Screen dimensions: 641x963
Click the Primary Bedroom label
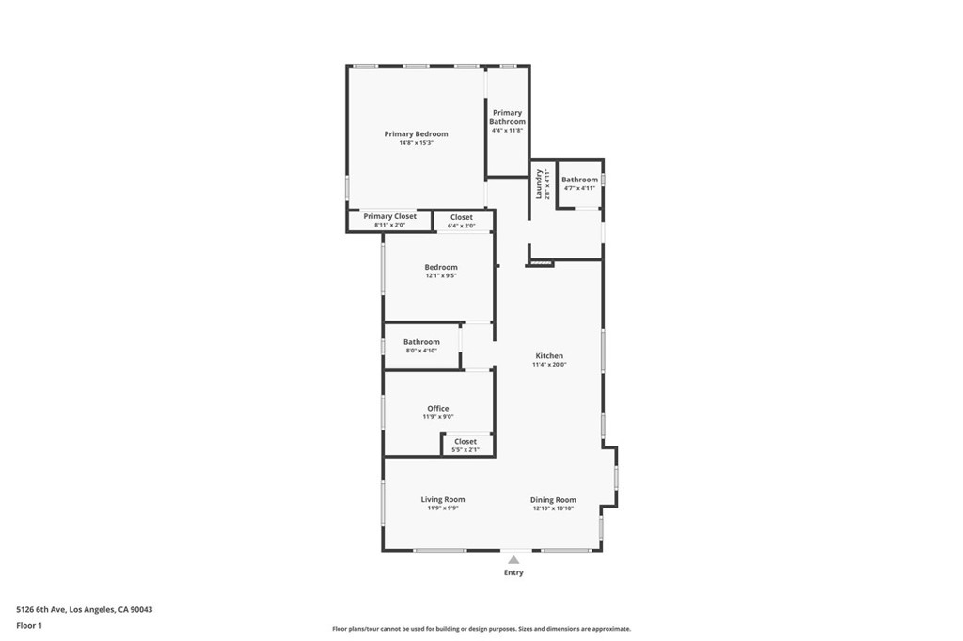(416, 134)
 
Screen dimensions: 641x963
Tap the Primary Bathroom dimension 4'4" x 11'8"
(507, 131)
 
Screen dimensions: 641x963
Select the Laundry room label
(540, 183)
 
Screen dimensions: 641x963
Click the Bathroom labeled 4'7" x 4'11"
(579, 180)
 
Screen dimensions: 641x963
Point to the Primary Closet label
(389, 216)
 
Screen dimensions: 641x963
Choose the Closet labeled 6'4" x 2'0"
(461, 217)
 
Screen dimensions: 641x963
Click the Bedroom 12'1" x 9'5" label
(440, 267)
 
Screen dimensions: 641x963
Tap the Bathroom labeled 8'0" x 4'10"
(421, 342)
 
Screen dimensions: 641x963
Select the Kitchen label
(549, 356)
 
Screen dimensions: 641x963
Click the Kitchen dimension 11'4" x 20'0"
(549, 365)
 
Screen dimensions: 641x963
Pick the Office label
(438, 409)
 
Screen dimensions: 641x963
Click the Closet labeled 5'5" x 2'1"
(466, 442)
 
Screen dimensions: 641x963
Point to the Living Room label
(442, 500)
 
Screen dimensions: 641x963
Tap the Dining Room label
(553, 500)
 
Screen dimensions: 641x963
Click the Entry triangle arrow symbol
(513, 559)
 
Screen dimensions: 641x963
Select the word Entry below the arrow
(513, 572)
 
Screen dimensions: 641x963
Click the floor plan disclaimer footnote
(481, 629)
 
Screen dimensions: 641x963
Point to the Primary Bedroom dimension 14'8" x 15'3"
(416, 143)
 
